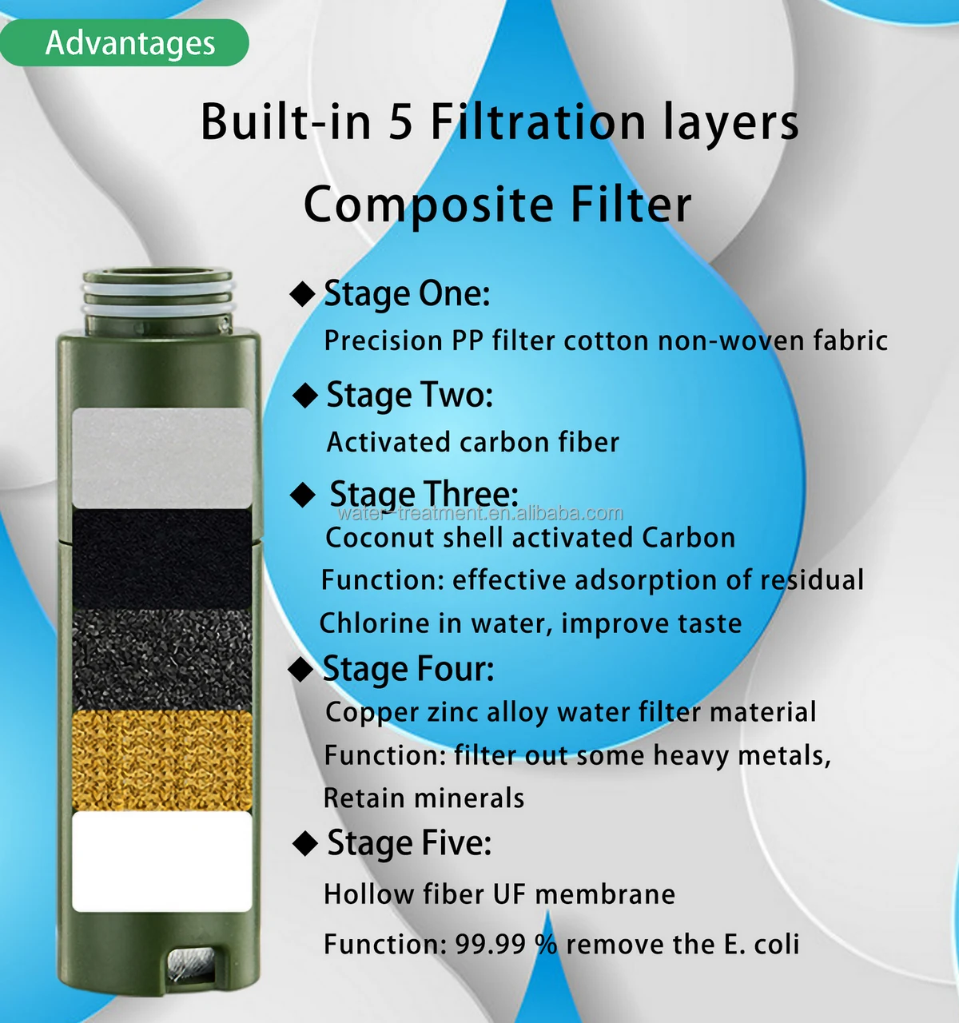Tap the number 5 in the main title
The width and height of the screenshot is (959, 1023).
coord(400,123)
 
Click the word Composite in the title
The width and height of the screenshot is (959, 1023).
coord(428,205)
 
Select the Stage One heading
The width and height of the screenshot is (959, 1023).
coord(407,294)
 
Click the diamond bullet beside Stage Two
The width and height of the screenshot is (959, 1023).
coord(305,395)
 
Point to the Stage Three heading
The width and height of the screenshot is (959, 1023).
coord(424,493)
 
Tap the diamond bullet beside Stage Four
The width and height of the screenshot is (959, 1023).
coord(300,669)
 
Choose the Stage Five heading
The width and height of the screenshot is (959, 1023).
coord(409,843)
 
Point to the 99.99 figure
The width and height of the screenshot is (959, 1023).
coord(490,945)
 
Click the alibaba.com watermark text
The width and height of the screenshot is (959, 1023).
coord(479,513)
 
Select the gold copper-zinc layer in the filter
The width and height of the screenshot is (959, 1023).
coord(162,761)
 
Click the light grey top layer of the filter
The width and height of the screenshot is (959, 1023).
coord(162,456)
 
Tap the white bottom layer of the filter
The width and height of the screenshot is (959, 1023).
coord(162,862)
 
